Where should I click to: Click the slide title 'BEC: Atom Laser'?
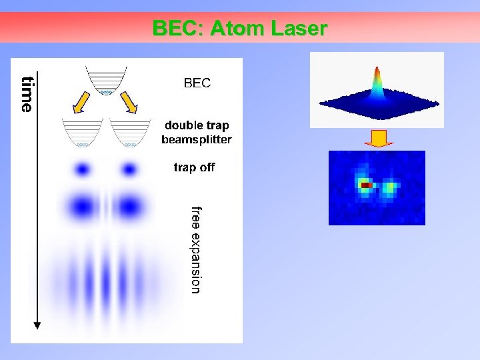tap(240, 29)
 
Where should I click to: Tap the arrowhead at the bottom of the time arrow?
tap(37, 325)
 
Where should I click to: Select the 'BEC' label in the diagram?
tap(197, 83)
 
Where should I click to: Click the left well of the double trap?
tap(82, 133)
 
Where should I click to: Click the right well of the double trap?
tap(131, 133)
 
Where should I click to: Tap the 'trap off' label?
tap(194, 167)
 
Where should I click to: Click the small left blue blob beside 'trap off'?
tap(83, 169)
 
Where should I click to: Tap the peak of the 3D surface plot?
tap(377, 72)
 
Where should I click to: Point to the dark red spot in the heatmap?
tap(365, 185)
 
